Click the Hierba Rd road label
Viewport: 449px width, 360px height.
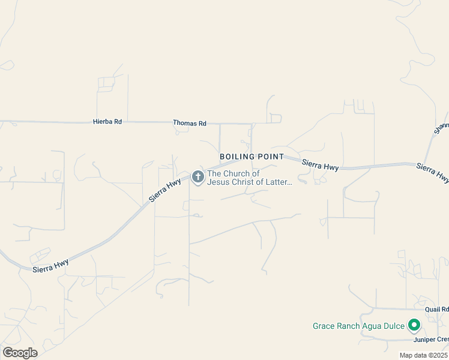click(x=107, y=122)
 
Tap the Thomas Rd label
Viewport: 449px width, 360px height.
click(x=190, y=123)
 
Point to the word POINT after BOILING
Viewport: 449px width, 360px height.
click(x=271, y=157)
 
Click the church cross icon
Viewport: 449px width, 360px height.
click(x=197, y=177)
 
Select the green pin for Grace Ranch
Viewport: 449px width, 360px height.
click(x=414, y=326)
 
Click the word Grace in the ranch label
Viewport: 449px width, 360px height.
click(x=325, y=326)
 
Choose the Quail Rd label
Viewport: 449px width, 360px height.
click(x=436, y=310)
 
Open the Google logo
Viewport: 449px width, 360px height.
click(x=20, y=352)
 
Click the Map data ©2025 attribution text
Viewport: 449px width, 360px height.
click(x=424, y=355)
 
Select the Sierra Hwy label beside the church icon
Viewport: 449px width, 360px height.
click(x=165, y=189)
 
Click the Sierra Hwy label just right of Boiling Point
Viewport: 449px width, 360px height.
click(x=320, y=164)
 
